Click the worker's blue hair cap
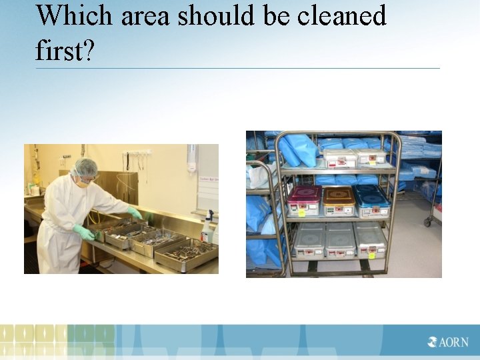(84, 167)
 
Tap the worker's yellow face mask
(83, 181)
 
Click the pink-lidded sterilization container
(304, 200)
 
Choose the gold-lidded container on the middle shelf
(338, 200)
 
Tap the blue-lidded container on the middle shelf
(371, 200)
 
